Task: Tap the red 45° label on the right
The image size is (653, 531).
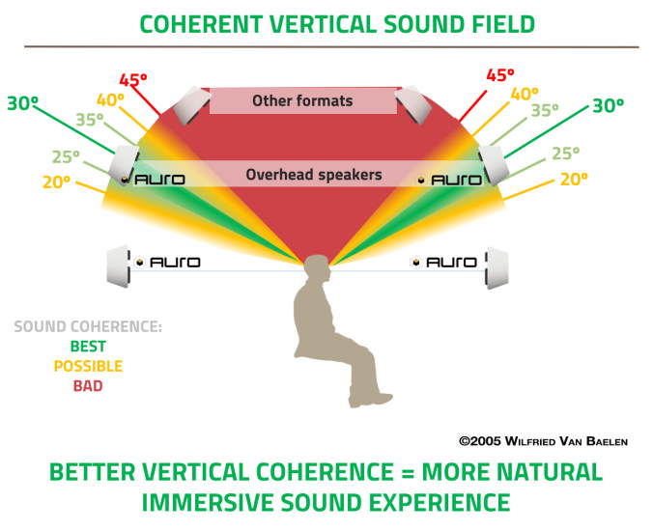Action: click(499, 74)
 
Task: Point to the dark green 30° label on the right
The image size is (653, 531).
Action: click(609, 105)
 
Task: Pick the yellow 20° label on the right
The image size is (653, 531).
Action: click(573, 180)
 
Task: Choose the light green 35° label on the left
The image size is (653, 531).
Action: click(89, 120)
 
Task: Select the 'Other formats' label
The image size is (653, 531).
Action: click(302, 100)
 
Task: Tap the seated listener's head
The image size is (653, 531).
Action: click(317, 274)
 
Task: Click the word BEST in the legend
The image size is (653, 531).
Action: click(88, 346)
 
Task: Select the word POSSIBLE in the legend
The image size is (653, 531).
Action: click(88, 366)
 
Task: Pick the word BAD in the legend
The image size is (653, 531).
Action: click(88, 386)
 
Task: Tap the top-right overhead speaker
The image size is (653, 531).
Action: click(415, 103)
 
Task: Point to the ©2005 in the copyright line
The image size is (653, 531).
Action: click(480, 440)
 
